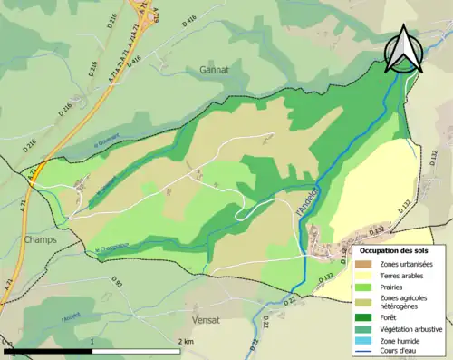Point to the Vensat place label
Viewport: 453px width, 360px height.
tap(206, 320)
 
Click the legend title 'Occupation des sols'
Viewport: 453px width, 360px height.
tap(395, 249)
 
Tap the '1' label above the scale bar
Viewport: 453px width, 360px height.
tap(92, 341)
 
